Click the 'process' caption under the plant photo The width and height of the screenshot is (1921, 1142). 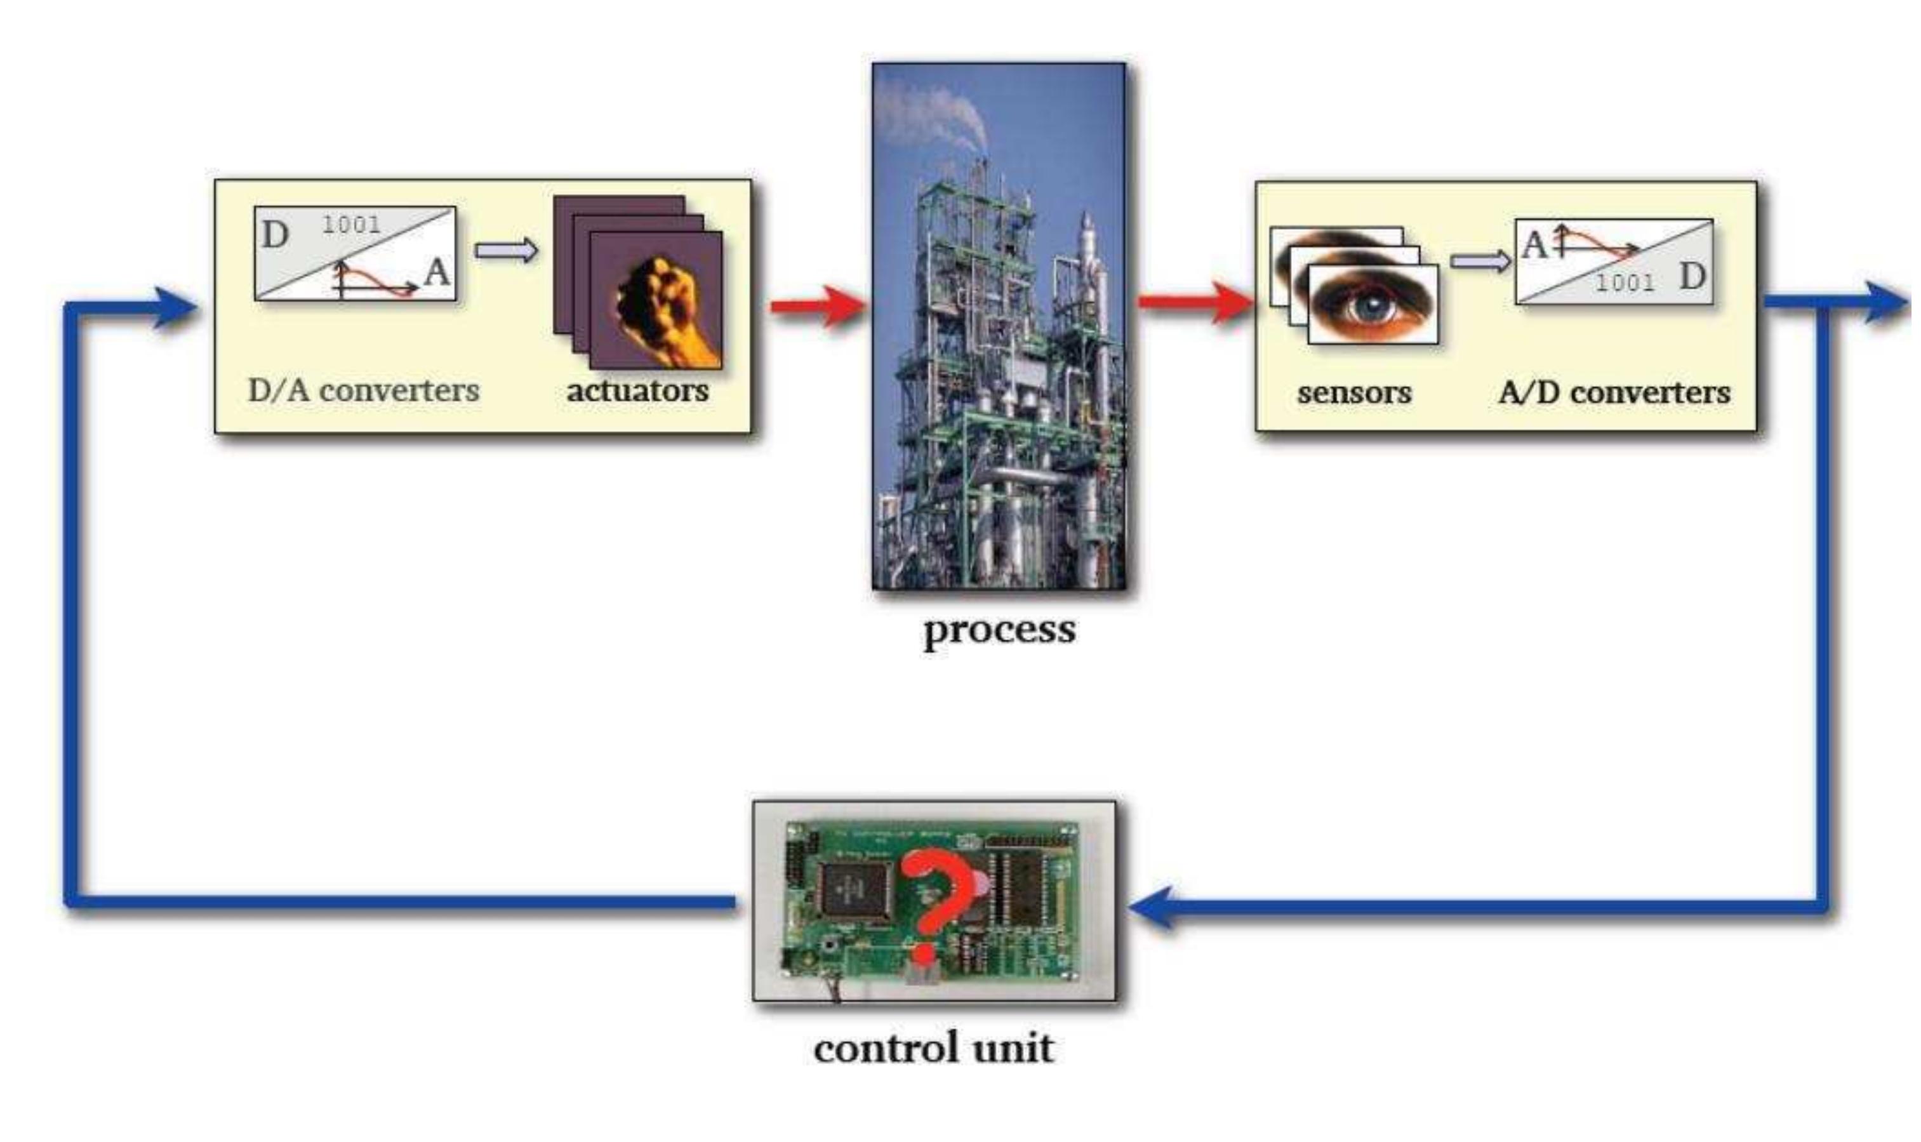pos(999,630)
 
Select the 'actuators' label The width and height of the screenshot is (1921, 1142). pos(637,390)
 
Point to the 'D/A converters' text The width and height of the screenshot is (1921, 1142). pos(363,390)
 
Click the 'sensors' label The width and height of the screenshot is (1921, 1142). pos(1354,392)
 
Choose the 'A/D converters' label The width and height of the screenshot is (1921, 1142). pos(1614,392)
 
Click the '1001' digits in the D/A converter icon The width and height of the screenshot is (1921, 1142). pos(351,225)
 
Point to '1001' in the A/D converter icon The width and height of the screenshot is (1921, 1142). pos(1625,282)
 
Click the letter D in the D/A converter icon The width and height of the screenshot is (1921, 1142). pos(275,235)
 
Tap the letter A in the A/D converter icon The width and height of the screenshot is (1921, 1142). pos(1533,245)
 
